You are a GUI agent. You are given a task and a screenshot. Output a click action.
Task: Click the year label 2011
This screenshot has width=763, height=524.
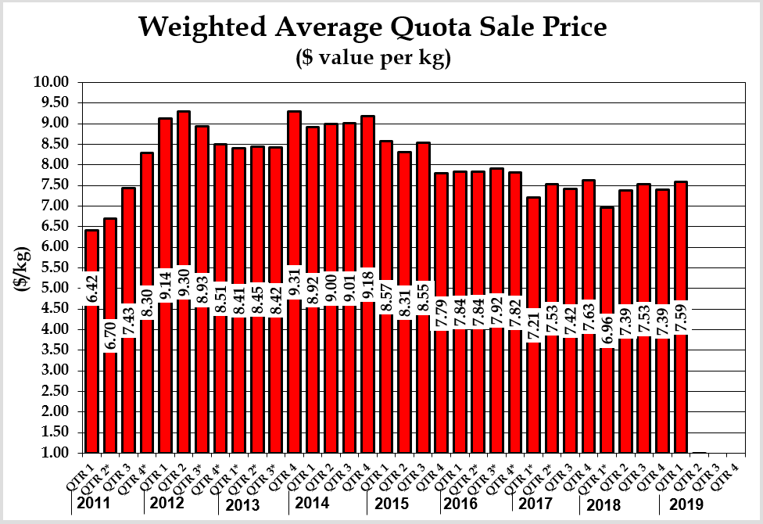[95, 504]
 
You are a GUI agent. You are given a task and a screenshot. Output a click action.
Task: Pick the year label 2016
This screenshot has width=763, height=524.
[460, 504]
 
